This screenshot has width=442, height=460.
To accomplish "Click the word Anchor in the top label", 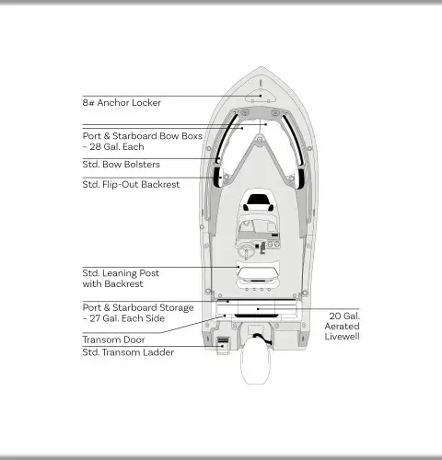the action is (x=114, y=102).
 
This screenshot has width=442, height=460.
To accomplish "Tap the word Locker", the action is (x=146, y=102).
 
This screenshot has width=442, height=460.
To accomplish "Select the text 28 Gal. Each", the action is (x=117, y=147).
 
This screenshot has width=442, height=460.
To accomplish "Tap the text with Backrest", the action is (x=112, y=284).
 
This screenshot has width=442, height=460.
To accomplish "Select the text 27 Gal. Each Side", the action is (x=127, y=318).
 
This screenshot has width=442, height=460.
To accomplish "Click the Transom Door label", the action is (x=113, y=339).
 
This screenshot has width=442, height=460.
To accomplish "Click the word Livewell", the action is (x=342, y=337).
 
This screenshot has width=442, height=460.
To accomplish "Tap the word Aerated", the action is (x=342, y=327).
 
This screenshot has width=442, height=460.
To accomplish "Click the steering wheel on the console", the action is (x=246, y=251).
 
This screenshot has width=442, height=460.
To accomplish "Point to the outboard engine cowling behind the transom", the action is (x=255, y=362).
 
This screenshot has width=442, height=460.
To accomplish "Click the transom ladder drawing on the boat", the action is (x=223, y=346).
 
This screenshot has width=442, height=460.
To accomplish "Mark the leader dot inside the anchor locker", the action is (x=261, y=96).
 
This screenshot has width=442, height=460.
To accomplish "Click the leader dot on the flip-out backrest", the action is (x=221, y=178).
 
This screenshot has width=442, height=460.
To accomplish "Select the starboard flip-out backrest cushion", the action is (x=299, y=178).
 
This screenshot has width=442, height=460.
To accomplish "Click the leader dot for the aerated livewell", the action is (x=258, y=309).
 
